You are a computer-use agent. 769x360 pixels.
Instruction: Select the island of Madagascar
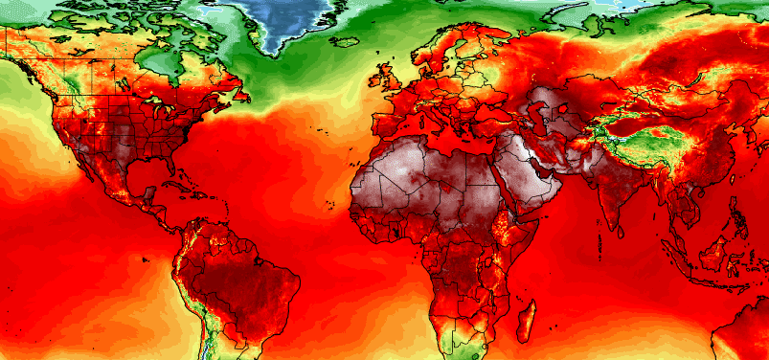[525, 321]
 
